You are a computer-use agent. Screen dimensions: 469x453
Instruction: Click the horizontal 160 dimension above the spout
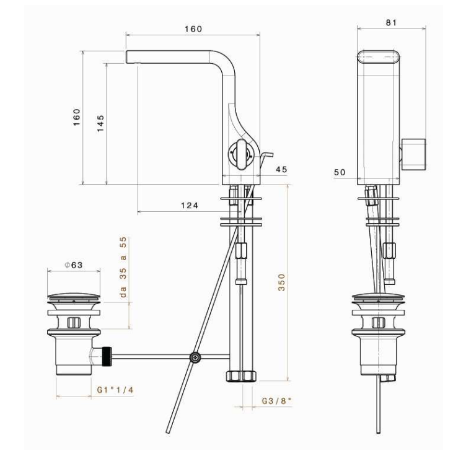coord(193,29)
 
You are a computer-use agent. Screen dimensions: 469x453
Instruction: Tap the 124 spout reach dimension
coord(190,206)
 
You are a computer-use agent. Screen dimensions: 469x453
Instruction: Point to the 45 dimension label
coord(281,169)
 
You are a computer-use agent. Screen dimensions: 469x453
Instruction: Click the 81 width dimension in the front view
coord(392,22)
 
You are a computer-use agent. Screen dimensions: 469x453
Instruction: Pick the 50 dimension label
coord(339,172)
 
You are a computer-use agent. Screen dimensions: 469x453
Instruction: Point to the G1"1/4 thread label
coord(115,390)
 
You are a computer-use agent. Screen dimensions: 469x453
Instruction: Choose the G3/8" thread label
coord(276,401)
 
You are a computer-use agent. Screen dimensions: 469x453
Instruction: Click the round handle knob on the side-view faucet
coord(239,153)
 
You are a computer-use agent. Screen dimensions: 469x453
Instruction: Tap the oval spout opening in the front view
coord(379,58)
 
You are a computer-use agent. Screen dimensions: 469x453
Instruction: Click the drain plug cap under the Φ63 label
coord(74,297)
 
